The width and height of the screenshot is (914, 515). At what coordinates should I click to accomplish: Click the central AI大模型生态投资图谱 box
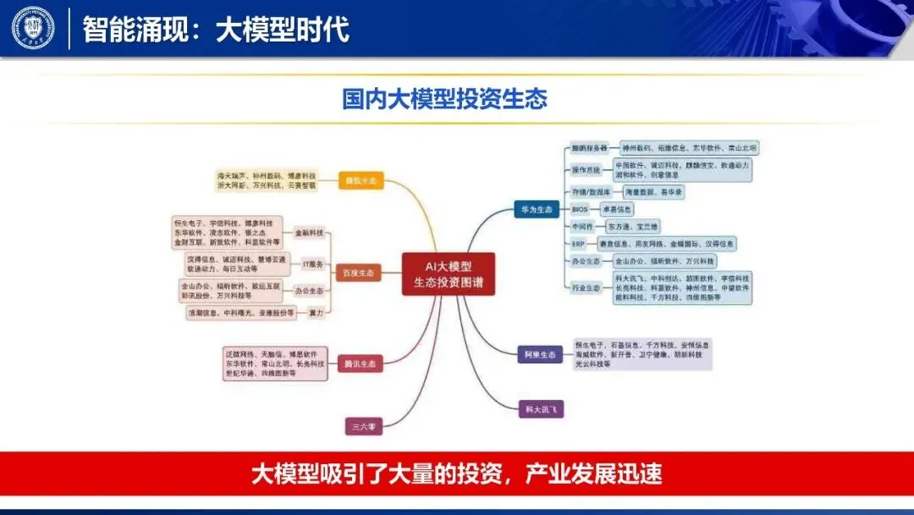[x=449, y=273]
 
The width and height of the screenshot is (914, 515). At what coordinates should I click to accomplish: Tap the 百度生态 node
[x=359, y=274]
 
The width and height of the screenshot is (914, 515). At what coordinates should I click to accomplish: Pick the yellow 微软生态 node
[x=361, y=180]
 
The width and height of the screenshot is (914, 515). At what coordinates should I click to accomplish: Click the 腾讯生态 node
[x=360, y=364]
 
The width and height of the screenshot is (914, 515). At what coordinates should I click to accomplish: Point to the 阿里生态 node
[x=539, y=355]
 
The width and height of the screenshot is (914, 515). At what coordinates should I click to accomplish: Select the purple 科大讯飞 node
[x=540, y=409]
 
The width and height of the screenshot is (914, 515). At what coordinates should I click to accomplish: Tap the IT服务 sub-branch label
[x=313, y=264]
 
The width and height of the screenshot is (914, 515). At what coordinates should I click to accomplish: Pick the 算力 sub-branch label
[x=314, y=313]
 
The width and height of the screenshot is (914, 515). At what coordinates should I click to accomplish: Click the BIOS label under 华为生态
[x=580, y=208]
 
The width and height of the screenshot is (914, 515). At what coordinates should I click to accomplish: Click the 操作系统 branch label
[x=586, y=170]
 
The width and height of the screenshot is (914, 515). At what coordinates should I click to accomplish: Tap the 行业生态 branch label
[x=586, y=288]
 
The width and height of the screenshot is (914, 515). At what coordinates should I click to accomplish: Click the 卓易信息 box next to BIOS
[x=617, y=208]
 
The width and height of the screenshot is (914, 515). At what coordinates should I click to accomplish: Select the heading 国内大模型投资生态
[x=444, y=99]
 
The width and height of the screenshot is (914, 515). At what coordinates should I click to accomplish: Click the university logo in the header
[x=33, y=28]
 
